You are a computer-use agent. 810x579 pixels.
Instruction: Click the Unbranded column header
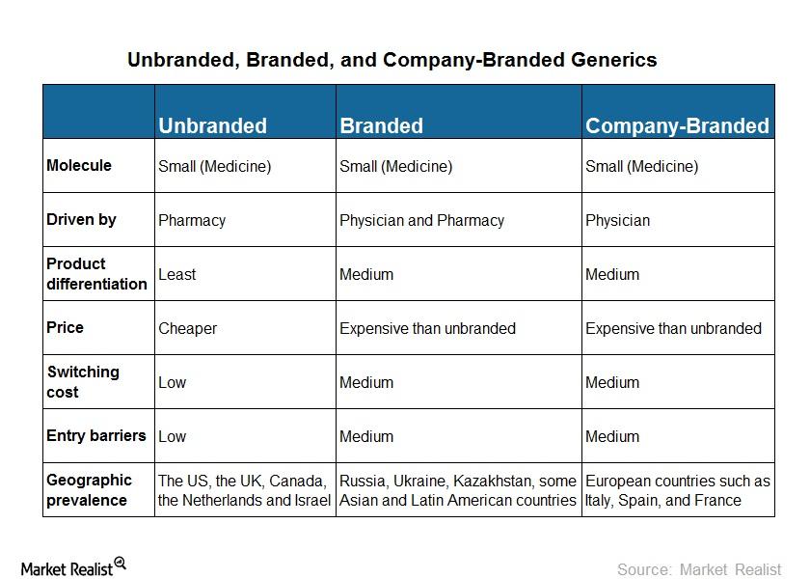tap(212, 125)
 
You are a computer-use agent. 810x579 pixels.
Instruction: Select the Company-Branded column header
tap(677, 125)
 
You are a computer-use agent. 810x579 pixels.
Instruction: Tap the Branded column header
tap(381, 125)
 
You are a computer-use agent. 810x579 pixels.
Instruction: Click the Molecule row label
tap(79, 165)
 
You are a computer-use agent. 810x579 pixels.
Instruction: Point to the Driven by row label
tap(81, 219)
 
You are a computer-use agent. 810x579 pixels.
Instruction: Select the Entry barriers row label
tap(96, 435)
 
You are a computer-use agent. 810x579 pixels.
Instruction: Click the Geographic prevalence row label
tap(89, 489)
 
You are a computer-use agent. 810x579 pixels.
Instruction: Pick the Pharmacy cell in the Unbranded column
tap(192, 220)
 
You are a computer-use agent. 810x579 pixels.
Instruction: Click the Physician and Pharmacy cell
tap(421, 220)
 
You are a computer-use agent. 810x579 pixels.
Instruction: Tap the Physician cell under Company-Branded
tap(617, 220)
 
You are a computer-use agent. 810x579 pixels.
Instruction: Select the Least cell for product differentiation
tap(176, 274)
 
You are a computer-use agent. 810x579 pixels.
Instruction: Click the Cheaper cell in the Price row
tap(187, 328)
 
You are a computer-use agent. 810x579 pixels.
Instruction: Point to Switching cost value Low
tap(172, 382)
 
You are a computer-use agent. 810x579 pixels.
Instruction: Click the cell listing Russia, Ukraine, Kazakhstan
tap(457, 490)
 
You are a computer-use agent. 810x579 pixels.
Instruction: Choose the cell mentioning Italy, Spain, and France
tap(677, 490)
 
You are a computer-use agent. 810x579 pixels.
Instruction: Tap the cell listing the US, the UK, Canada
tap(244, 490)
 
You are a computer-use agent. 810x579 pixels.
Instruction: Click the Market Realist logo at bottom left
tap(73, 567)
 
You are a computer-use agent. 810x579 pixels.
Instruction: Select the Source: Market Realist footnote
tap(698, 569)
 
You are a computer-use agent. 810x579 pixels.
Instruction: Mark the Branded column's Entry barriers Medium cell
tap(366, 436)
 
